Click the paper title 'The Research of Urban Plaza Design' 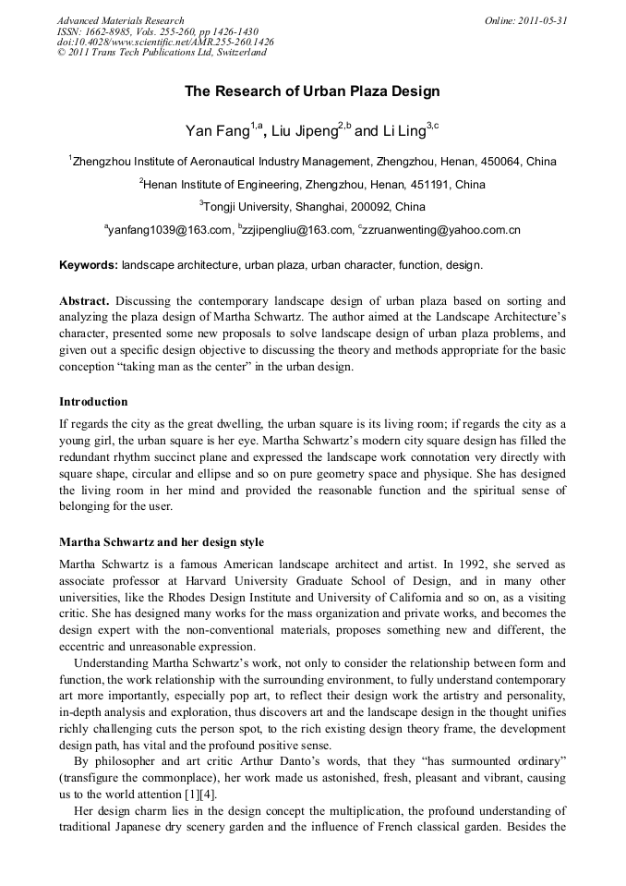click(312, 91)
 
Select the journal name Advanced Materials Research click(121, 20)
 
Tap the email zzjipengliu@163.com click(297, 230)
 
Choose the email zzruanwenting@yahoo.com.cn click(442, 230)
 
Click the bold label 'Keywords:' click(89, 266)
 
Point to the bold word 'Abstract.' click(86, 302)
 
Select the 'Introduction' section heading click(93, 402)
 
